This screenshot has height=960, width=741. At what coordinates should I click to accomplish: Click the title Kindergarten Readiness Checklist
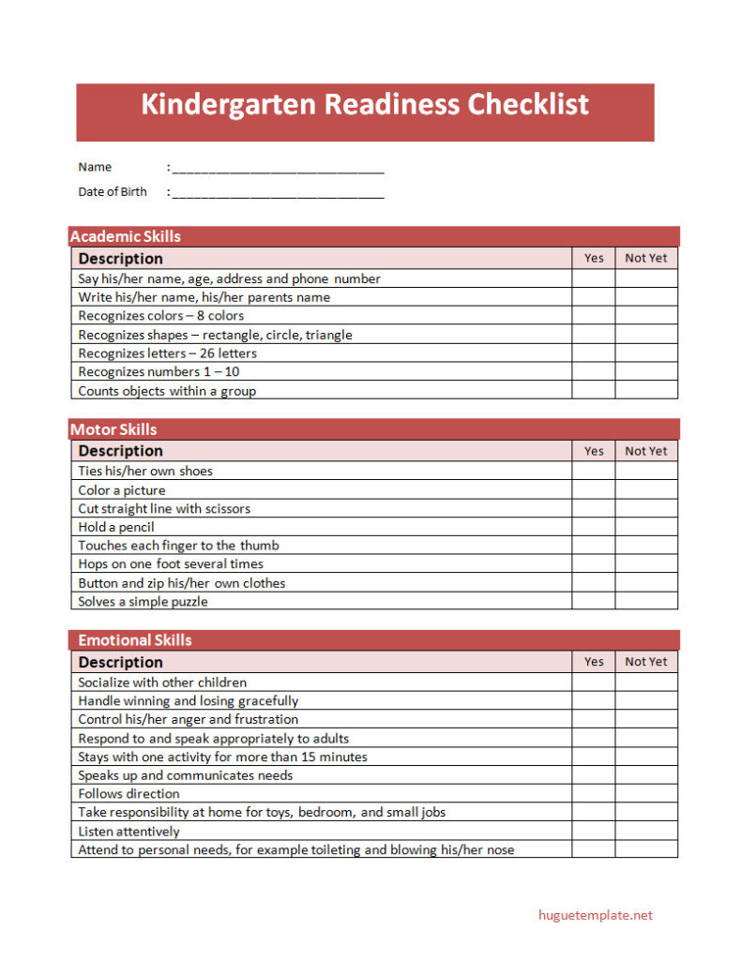click(365, 104)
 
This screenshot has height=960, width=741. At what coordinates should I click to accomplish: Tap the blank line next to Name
click(278, 169)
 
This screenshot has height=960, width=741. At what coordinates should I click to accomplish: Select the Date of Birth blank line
click(278, 193)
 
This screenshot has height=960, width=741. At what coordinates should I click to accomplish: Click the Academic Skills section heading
click(126, 236)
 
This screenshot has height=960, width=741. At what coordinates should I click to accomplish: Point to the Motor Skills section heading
click(113, 429)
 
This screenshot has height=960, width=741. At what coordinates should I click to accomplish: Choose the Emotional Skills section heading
click(134, 640)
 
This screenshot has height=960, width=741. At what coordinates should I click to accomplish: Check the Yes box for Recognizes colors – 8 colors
click(594, 316)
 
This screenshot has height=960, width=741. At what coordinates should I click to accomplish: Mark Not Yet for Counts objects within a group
click(646, 391)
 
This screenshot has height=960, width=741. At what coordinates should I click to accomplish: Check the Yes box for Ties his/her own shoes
click(594, 471)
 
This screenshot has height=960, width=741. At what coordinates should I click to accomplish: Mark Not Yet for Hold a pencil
click(646, 527)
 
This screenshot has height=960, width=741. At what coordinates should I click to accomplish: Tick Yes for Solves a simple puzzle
click(594, 602)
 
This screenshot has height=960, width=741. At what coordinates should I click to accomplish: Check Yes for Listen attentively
click(594, 832)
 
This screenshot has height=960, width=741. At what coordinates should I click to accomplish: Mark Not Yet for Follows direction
click(646, 794)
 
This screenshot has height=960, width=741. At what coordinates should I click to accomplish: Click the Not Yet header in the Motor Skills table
click(646, 451)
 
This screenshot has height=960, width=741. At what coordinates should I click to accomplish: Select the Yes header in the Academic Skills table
click(594, 258)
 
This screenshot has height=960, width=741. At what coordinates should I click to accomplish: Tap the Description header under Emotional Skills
click(120, 662)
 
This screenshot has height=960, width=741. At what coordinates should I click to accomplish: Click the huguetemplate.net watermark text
click(595, 915)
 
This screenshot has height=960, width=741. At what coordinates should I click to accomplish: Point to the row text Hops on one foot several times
click(171, 564)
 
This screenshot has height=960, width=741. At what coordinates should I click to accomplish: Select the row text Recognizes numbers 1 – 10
click(159, 372)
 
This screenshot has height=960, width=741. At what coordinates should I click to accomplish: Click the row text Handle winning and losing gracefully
click(188, 701)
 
